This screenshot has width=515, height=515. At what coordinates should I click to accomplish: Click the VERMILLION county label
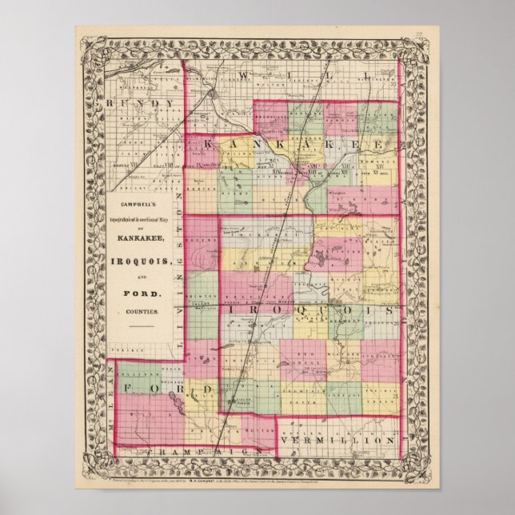(357, 441)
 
